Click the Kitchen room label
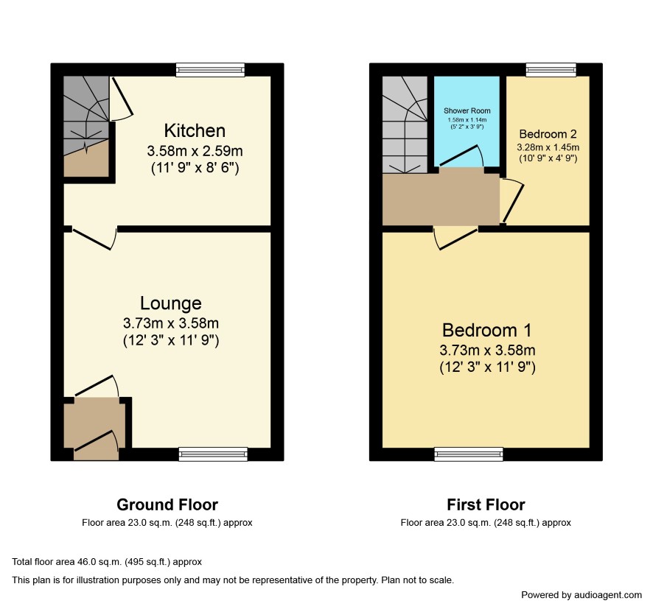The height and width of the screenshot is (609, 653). (x=195, y=130)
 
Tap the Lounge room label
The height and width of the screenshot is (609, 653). (x=171, y=303)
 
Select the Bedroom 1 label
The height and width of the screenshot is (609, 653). (x=487, y=331)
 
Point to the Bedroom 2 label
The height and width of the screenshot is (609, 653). (x=548, y=134)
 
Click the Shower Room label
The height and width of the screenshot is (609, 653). (x=467, y=110)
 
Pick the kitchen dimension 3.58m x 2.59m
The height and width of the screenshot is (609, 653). (x=195, y=151)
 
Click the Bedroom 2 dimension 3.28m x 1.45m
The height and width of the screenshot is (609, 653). (x=548, y=147)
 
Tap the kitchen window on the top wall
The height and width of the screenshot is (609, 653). (x=210, y=70)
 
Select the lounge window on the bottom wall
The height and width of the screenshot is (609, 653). (x=213, y=454)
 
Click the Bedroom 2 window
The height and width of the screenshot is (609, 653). (x=551, y=70)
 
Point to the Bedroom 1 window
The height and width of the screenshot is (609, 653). (x=469, y=454)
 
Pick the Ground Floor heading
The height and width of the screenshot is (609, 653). (x=167, y=504)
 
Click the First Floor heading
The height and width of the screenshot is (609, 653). (x=486, y=504)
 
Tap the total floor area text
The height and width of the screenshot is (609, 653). (x=107, y=562)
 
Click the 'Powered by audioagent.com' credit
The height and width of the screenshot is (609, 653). (x=582, y=595)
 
